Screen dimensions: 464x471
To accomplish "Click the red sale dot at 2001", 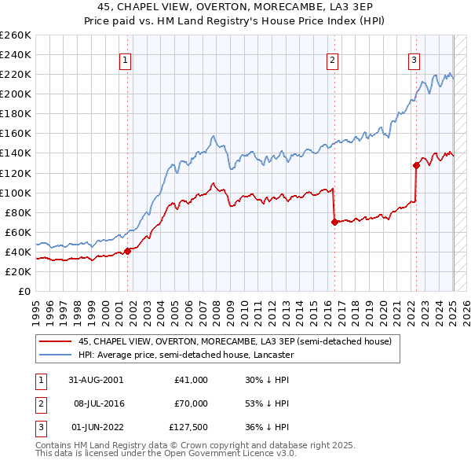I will point(127,252).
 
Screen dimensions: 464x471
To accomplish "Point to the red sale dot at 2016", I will point(334,222).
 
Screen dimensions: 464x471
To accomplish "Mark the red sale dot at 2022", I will point(416,165).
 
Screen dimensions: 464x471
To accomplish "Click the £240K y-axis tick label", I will point(16,54).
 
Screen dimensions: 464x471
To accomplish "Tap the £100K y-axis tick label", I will point(16,193).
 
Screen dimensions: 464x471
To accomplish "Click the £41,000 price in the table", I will point(191,379).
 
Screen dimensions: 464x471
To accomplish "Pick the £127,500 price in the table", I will point(188,428).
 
